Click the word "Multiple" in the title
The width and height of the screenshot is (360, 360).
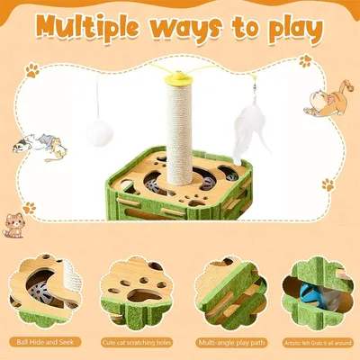pyautogui.click(x=96, y=29)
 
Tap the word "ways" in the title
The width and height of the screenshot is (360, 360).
pyautogui.click(x=206, y=31)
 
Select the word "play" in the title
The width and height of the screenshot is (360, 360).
pyautogui.click(x=286, y=31)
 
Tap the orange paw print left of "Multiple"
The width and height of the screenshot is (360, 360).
pyautogui.click(x=30, y=67)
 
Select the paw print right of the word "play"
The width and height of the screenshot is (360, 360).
pyautogui.click(x=305, y=60)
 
